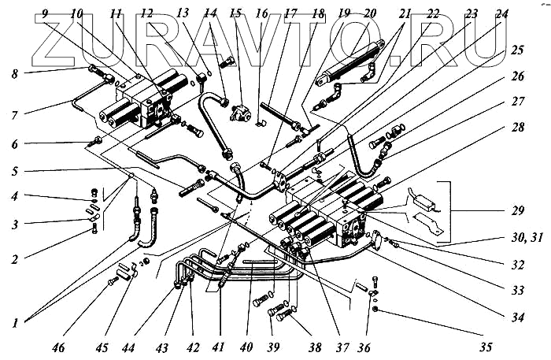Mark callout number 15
pos(234,13)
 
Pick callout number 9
pos(45,13)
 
